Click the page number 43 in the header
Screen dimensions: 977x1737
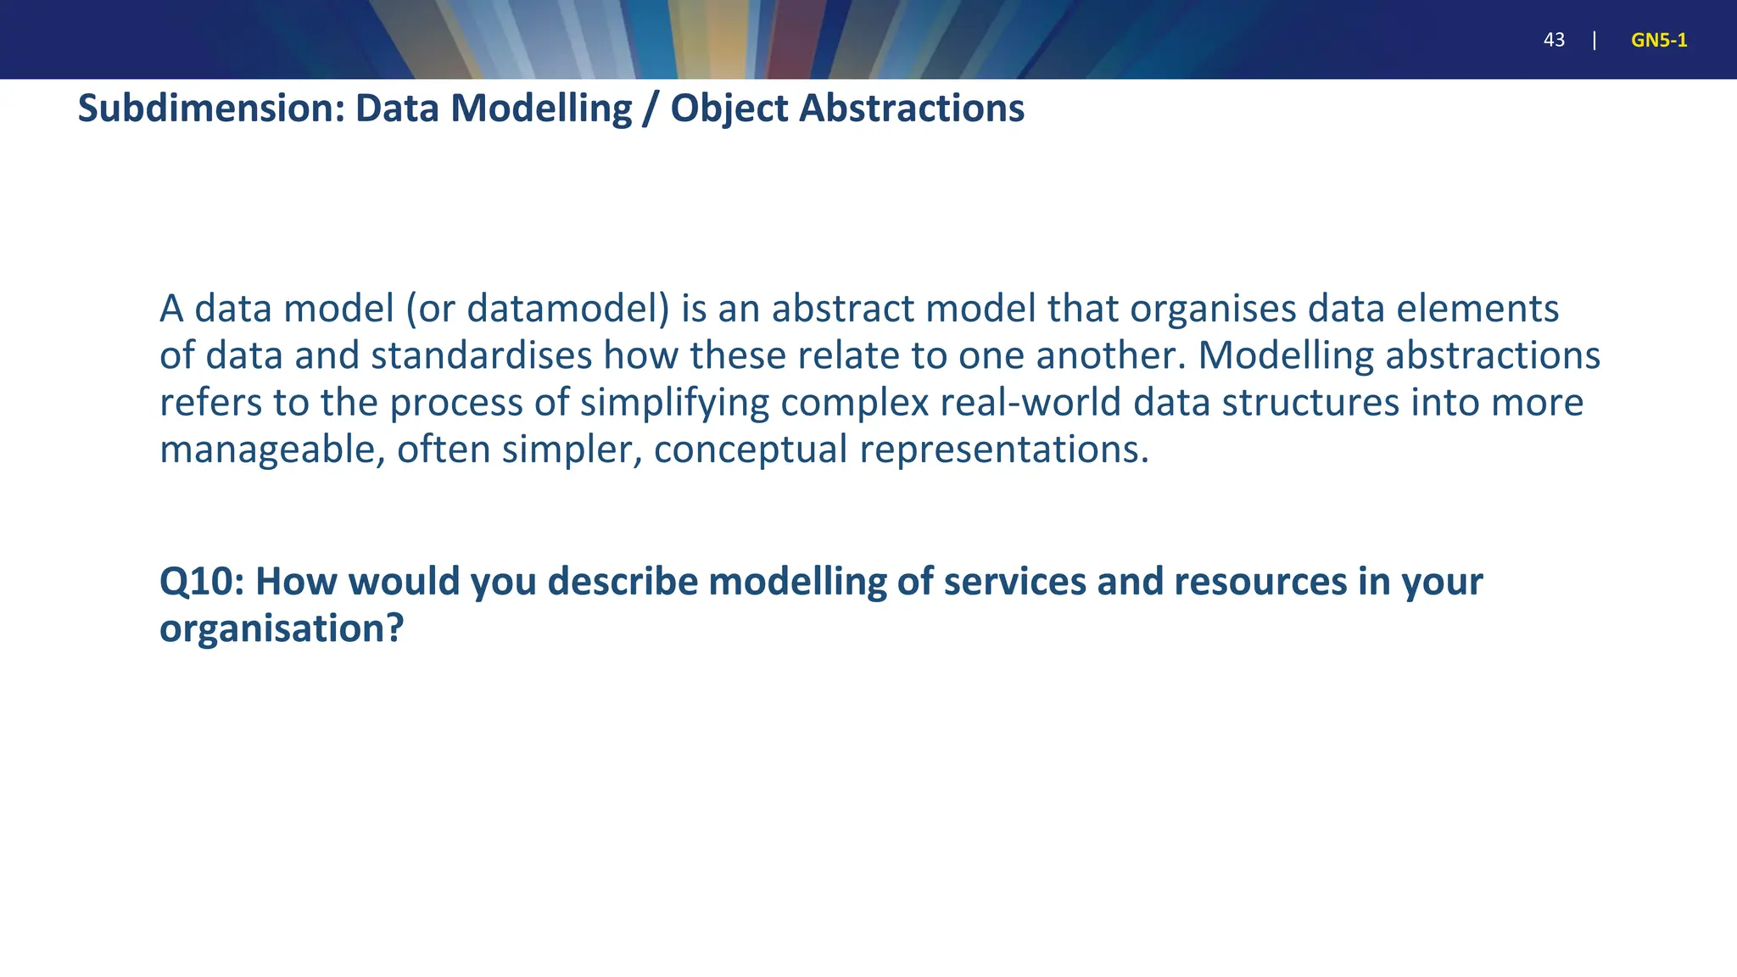[1554, 40]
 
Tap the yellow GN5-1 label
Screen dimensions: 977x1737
[1658, 40]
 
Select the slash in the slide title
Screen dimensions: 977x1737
[651, 109]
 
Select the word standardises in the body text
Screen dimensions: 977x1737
[481, 355]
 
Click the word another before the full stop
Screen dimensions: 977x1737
[1108, 355]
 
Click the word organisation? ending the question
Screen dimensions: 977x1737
[281, 628]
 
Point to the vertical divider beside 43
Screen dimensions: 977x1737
[1595, 40]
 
